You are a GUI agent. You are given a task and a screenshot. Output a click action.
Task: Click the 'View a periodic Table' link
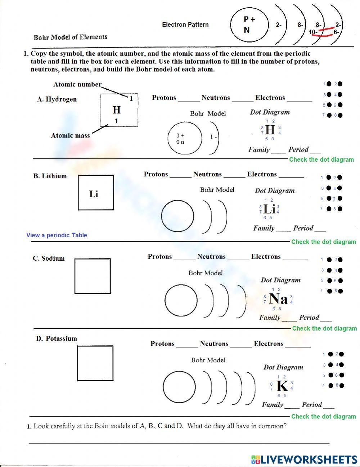pos(57,235)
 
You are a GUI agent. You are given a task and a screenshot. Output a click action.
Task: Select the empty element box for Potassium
pos(95,363)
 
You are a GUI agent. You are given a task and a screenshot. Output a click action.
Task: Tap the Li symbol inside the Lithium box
pos(94,194)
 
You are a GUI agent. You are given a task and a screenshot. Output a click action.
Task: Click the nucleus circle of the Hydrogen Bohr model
pos(185,138)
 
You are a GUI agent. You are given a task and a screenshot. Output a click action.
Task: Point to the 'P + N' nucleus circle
pos(249,25)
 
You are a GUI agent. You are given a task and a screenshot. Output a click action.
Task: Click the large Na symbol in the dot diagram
pos(278,299)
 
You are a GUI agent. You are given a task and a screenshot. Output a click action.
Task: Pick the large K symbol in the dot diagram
pos(282,386)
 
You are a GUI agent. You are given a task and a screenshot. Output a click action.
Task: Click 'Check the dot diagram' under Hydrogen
pos(321,160)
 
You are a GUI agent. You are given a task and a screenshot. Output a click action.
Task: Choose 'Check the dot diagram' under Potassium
pos(323,416)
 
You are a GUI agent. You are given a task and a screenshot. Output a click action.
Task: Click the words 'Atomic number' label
pos(77,84)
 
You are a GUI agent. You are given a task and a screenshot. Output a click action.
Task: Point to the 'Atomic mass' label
pos(70,135)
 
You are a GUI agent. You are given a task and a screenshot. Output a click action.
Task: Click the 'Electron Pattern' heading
pos(185,24)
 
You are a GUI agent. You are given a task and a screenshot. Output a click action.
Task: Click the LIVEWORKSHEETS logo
pos(304,459)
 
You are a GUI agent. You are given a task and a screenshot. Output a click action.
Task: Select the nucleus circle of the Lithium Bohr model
pos(177,216)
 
